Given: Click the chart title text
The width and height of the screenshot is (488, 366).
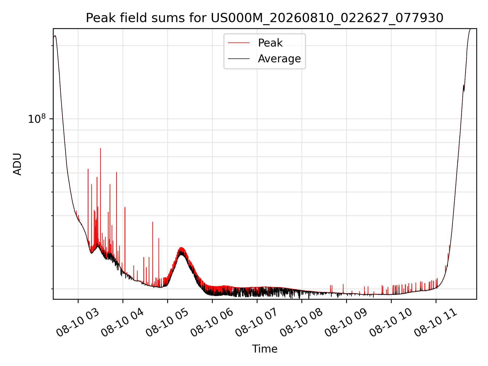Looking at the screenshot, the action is click(265, 18).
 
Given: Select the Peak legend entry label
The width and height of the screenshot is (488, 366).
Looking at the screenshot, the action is click(270, 43).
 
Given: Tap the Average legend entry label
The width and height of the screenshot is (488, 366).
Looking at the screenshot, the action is click(279, 59).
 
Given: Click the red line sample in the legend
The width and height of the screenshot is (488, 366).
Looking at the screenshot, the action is click(239, 43).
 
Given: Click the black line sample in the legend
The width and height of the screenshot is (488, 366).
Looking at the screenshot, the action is click(239, 59).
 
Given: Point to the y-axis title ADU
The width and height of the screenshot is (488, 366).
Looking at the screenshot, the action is click(17, 164).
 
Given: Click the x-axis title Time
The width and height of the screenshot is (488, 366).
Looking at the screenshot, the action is click(265, 349).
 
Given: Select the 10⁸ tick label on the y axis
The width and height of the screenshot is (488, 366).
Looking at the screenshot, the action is click(37, 118).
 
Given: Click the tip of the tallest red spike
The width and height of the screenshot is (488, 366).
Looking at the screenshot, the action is click(100, 148).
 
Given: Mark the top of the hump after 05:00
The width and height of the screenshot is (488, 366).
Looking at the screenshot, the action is click(181, 248).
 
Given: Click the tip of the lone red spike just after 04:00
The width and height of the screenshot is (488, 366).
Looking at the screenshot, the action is click(125, 207).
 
